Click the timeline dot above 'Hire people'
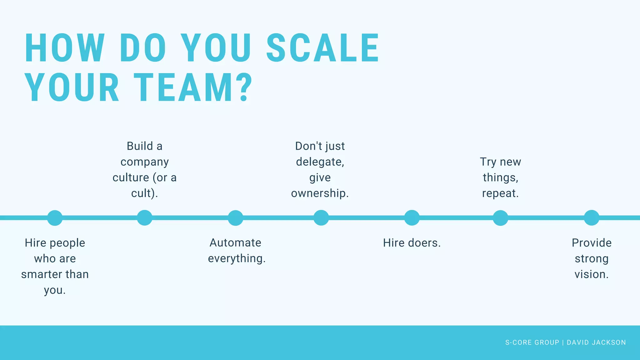55,218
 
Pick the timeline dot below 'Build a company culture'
145,218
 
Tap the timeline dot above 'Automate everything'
235,218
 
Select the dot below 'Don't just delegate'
321,218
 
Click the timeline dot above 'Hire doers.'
412,218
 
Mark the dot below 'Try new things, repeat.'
501,218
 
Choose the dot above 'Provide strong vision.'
592,218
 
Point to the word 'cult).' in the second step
145,193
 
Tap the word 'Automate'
235,243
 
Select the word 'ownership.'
320,193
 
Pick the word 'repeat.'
500,193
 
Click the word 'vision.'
592,274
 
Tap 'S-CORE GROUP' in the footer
532,342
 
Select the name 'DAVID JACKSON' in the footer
596,342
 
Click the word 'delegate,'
320,162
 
